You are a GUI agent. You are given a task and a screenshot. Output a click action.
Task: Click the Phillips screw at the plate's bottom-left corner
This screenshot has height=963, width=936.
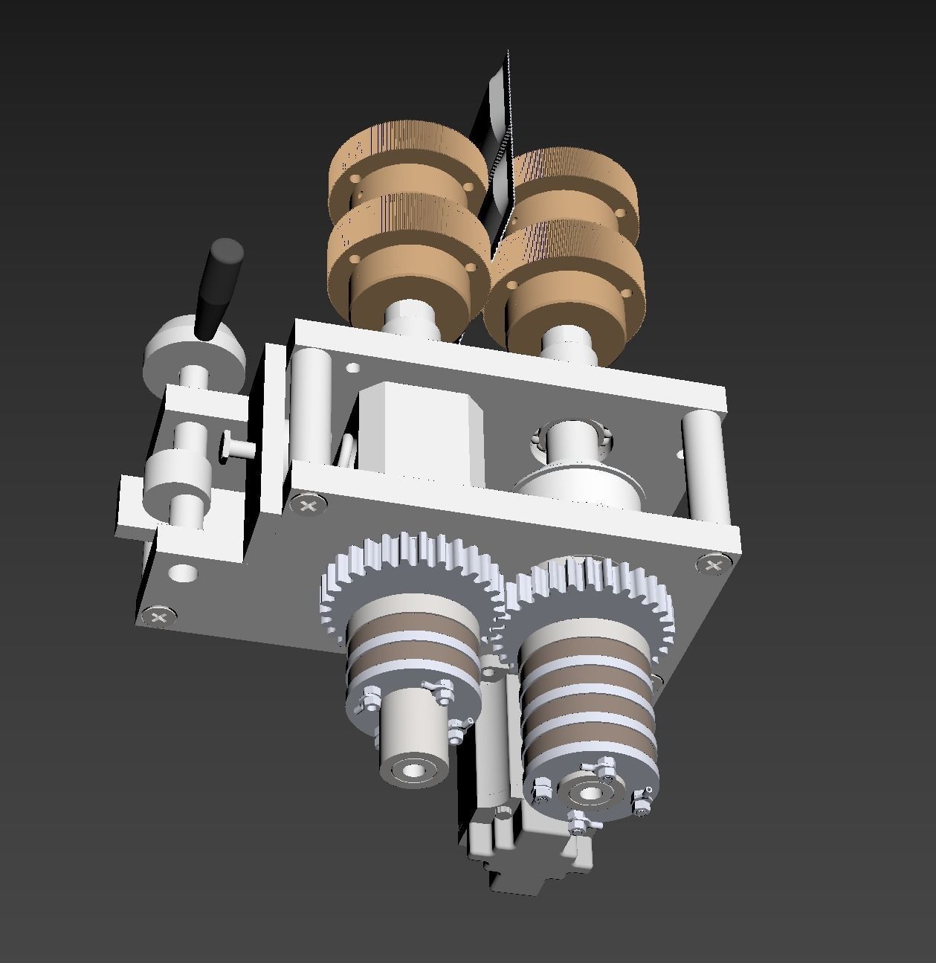[x=158, y=616]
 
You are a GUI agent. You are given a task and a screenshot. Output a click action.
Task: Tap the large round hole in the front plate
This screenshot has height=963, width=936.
[x=184, y=573]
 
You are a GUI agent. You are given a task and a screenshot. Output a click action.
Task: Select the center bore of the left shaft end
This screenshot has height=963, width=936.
[x=410, y=771]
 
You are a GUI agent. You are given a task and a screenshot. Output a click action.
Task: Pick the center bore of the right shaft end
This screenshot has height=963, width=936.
[x=590, y=794]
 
